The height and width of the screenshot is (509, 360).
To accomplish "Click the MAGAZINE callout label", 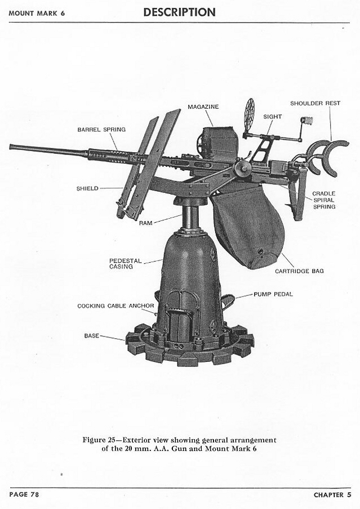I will click(203, 107).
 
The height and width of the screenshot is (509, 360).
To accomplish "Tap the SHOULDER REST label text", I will click(315, 103).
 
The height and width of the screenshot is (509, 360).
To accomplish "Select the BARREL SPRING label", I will click(101, 130).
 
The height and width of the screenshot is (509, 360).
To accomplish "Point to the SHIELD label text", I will click(87, 188).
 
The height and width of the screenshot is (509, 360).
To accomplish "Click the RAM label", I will click(146, 223).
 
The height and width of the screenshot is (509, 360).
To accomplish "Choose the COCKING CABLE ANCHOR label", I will click(115, 306).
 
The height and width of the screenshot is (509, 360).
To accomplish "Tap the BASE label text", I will click(91, 335).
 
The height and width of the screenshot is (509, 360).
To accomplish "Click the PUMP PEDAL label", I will click(273, 294).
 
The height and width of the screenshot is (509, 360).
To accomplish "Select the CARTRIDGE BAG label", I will click(299, 271).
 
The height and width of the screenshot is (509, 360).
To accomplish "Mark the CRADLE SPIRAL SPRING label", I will click(324, 200).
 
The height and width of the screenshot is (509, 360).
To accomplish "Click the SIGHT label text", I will click(273, 117).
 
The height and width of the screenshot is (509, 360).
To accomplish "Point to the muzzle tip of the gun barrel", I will click(11, 147).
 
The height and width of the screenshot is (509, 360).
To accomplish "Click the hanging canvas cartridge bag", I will click(248, 225).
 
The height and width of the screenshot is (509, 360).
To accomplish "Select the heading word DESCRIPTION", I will click(179, 12).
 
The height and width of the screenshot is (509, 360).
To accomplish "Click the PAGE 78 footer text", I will click(24, 494).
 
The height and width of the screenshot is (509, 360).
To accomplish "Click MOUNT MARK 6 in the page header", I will click(36, 13).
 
